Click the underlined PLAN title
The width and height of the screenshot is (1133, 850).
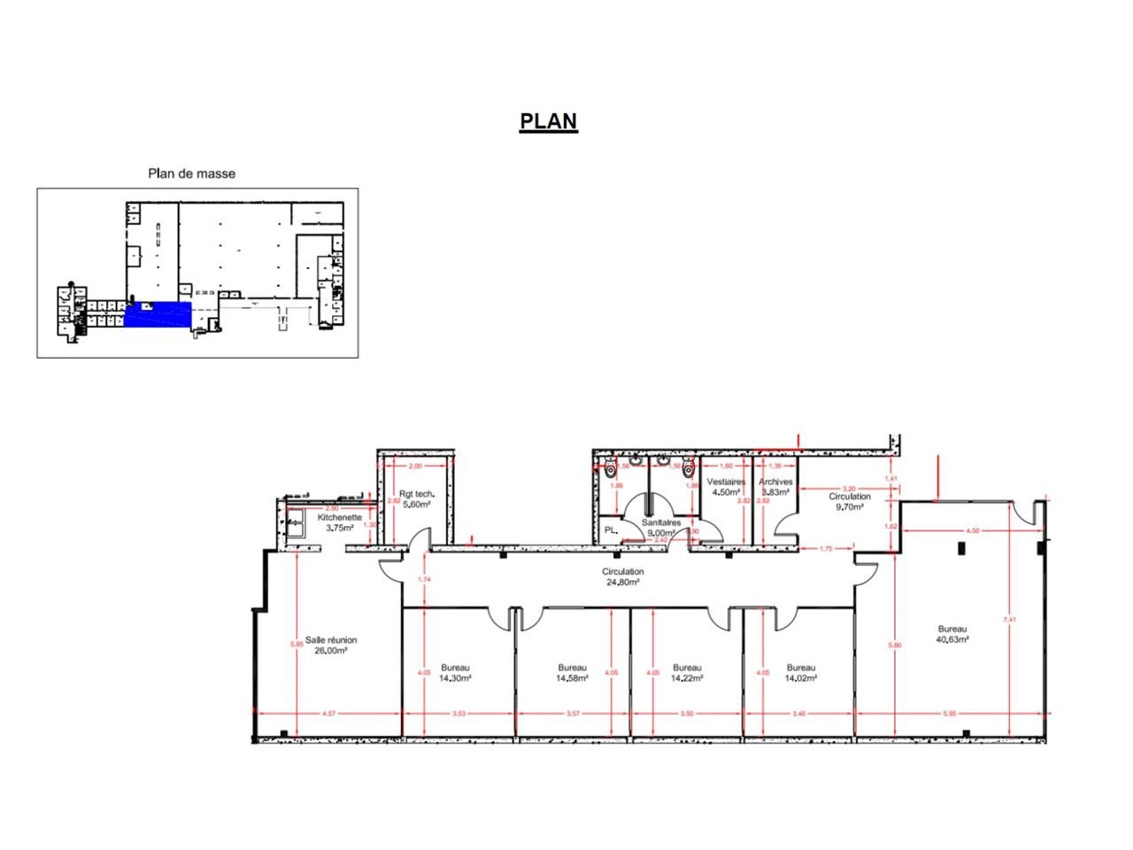point(548,121)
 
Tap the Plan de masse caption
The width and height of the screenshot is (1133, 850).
point(191,174)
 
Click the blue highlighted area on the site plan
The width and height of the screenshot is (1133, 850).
point(157,314)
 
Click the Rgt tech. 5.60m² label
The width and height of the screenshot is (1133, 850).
point(416,498)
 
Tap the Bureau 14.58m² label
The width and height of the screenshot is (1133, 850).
point(572,673)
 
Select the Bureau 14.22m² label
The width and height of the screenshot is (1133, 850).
point(687,673)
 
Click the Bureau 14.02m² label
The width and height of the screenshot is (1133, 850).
point(800,673)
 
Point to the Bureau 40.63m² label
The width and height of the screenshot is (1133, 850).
point(952,634)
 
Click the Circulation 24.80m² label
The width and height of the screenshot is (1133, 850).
point(623,577)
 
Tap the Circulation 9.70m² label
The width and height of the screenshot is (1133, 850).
point(849,502)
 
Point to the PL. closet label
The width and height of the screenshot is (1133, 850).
point(610,530)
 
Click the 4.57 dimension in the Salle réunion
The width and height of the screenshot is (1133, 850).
point(328,713)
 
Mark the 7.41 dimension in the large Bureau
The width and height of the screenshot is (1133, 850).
point(1010,620)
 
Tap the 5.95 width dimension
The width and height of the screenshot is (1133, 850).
point(950,713)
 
